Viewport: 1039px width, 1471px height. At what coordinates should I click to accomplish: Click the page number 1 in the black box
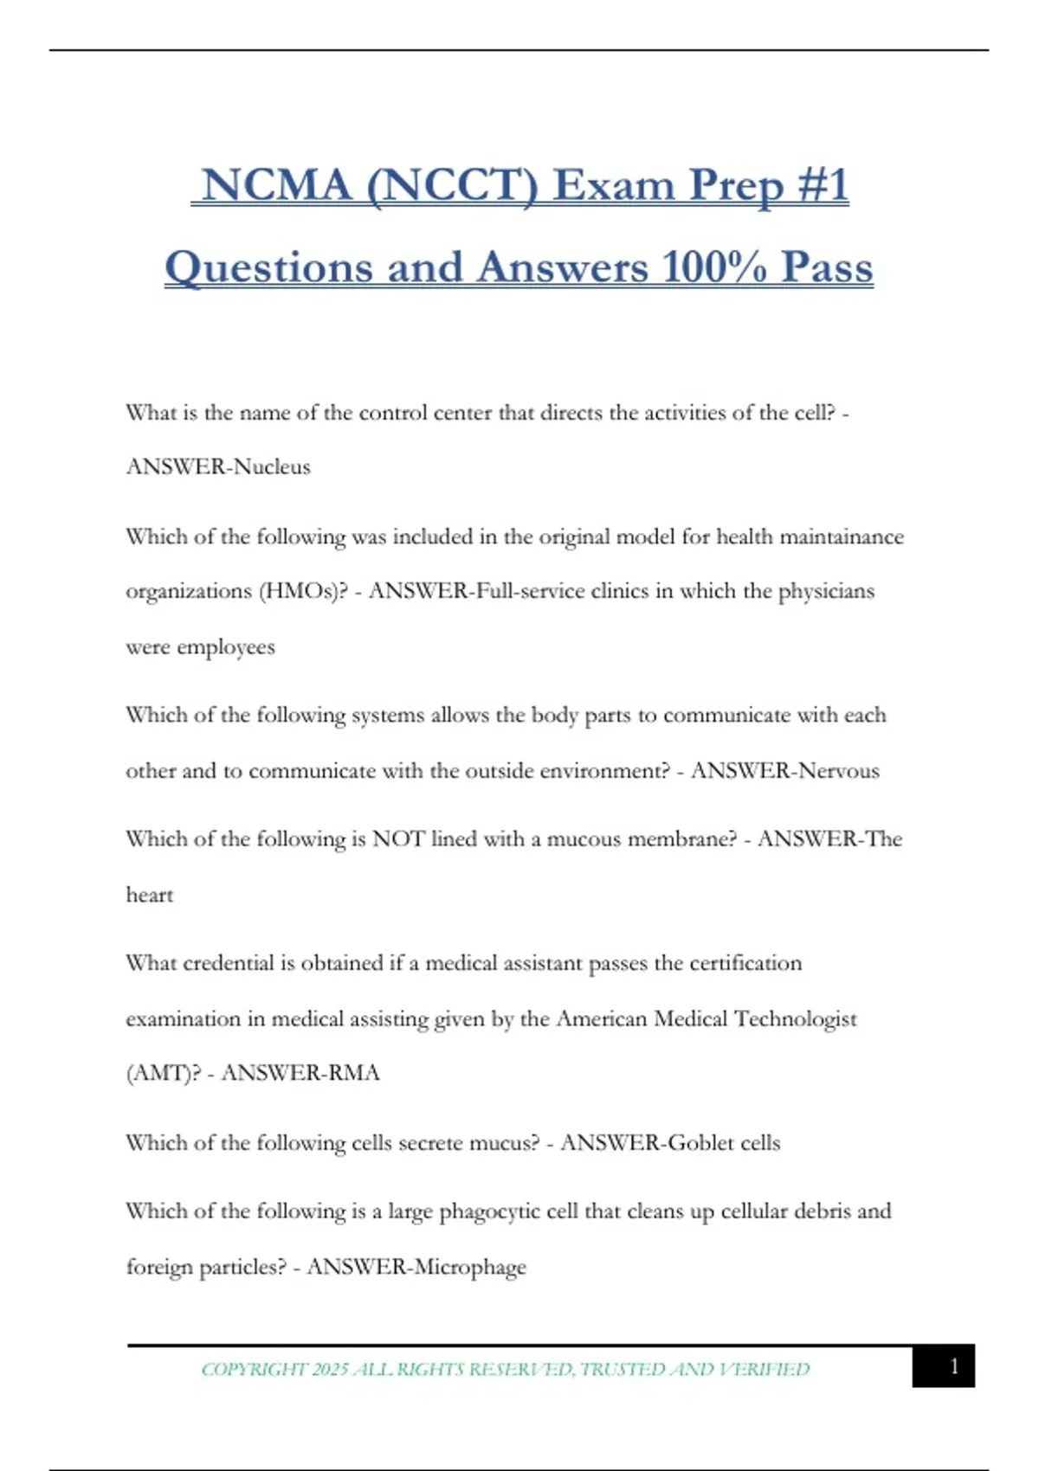coord(954,1366)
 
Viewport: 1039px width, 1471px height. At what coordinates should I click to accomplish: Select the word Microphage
coord(470,1268)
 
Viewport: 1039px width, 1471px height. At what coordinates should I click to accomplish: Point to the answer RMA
coord(354,1074)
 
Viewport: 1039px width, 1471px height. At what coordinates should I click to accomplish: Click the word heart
coord(150,896)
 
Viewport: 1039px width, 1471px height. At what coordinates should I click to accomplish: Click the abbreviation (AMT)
coord(164,1074)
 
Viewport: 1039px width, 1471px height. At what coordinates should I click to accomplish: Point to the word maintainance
coord(842,537)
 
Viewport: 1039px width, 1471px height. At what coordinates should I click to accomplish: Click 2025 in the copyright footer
coord(330,1370)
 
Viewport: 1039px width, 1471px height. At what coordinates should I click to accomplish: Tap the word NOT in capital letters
coord(398,839)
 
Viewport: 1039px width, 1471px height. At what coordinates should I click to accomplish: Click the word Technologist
coord(795,1019)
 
